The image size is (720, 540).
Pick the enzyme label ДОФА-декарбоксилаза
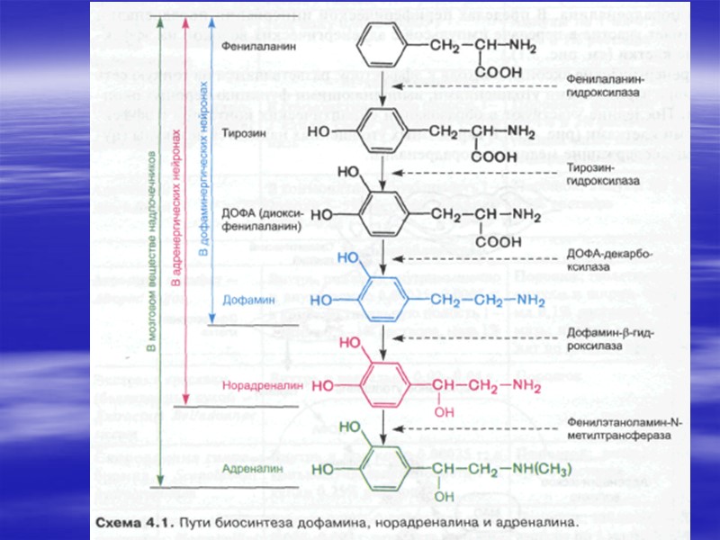600,261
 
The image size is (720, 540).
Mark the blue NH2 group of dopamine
527,300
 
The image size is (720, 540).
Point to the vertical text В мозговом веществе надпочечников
154,261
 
